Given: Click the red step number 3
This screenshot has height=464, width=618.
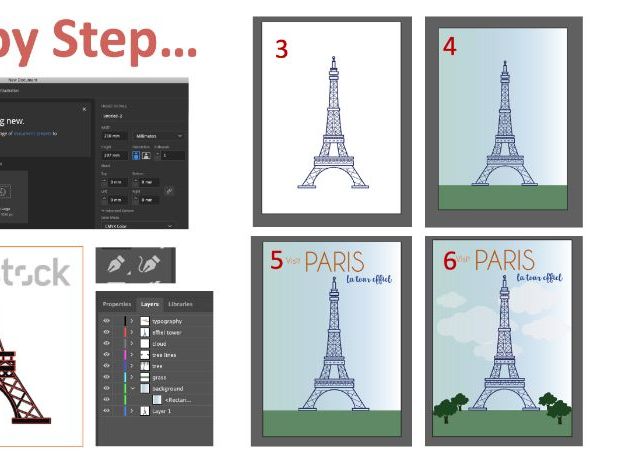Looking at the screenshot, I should coord(281,49).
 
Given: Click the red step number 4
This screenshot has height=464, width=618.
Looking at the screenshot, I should coord(449,46).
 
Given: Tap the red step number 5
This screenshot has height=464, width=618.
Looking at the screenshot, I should coord(276,260).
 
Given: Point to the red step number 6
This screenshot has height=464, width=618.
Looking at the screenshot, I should coord(450,261).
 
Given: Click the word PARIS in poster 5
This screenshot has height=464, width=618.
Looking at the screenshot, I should coord(334,262).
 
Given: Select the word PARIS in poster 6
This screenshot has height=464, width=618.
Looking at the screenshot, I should coord(504,261).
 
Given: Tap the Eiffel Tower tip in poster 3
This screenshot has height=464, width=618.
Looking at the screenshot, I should coord(332,59).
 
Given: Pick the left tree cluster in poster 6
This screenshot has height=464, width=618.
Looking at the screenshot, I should coord(451,404).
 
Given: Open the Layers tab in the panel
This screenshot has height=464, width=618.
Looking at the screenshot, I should coord(149,303).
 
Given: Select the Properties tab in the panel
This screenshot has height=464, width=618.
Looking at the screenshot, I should coord(117,303).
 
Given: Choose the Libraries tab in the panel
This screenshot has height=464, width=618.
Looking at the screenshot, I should coord(181,303).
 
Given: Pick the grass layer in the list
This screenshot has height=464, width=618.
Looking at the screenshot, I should coord(159,377).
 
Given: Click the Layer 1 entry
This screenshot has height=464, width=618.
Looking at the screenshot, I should coord(163,411).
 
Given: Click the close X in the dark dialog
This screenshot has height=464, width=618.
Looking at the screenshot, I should coord(84,108).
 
